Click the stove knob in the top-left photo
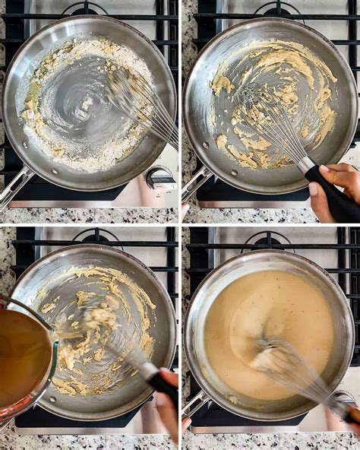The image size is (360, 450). (x=160, y=179)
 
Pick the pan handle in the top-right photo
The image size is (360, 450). (x=196, y=183)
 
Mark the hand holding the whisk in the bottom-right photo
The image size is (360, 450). (x=354, y=415)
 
